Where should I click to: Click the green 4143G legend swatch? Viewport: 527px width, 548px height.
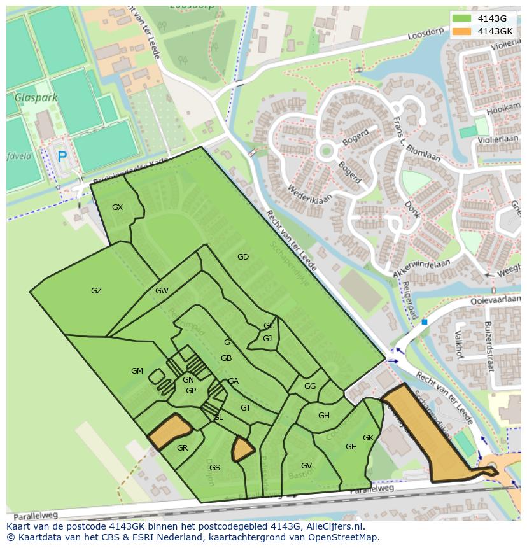click(x=463, y=18)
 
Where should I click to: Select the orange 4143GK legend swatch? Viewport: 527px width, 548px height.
click(x=463, y=31)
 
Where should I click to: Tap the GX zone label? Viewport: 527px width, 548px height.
click(x=117, y=207)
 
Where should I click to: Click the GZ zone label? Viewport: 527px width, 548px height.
click(x=96, y=291)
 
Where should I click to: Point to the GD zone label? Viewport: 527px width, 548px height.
click(x=242, y=257)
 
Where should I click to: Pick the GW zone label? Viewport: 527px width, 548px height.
click(x=162, y=291)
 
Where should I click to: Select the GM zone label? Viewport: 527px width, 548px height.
click(x=137, y=371)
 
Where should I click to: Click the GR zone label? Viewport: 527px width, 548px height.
click(x=182, y=448)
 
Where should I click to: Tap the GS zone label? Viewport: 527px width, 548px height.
click(x=214, y=468)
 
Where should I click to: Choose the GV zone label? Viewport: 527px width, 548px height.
click(x=306, y=466)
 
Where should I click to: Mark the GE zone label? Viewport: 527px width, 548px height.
click(x=351, y=447)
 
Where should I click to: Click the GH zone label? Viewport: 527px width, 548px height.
click(x=323, y=416)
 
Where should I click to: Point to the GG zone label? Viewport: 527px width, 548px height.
click(x=310, y=386)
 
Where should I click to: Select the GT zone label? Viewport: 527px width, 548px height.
click(x=246, y=408)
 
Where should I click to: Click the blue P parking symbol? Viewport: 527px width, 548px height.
click(x=62, y=156)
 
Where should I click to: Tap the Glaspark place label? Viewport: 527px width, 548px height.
click(x=36, y=98)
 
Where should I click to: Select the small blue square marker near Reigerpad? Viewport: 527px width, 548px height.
click(x=424, y=322)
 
